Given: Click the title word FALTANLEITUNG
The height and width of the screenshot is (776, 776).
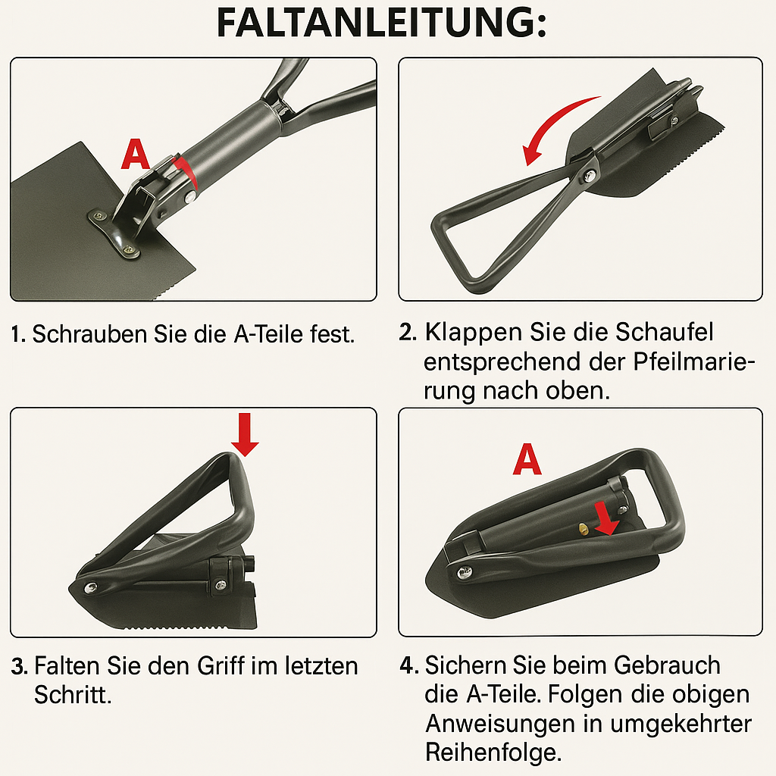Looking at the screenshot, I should coord(380,25).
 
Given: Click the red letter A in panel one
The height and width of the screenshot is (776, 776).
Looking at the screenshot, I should coord(136,155).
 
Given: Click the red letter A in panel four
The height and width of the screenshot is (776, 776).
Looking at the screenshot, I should coord(527,460).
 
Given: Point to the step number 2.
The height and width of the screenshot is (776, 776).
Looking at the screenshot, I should coord(407,333).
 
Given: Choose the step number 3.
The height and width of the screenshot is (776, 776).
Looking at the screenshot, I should coord(19,667).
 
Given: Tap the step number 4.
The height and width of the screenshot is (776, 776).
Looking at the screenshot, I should coord(408,666).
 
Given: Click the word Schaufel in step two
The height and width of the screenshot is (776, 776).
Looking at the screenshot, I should coord(665,333).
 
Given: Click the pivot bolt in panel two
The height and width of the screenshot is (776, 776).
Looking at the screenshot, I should coord(588,176).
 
